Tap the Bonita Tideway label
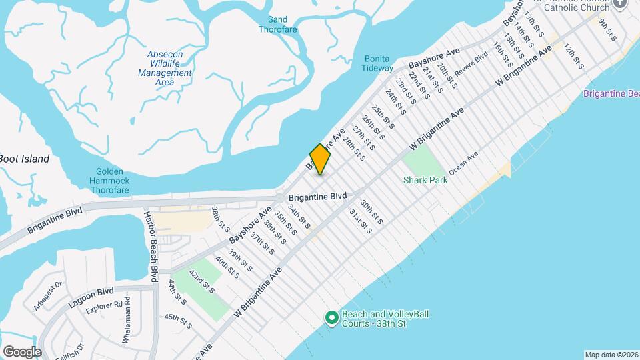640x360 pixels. click(377, 63)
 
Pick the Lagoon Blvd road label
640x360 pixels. click(91, 297)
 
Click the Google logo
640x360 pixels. click(22, 351)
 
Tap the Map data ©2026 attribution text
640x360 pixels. click(611, 355)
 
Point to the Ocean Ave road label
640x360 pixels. click(463, 164)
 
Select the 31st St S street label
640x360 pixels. click(360, 222)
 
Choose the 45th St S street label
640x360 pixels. click(178, 322)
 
